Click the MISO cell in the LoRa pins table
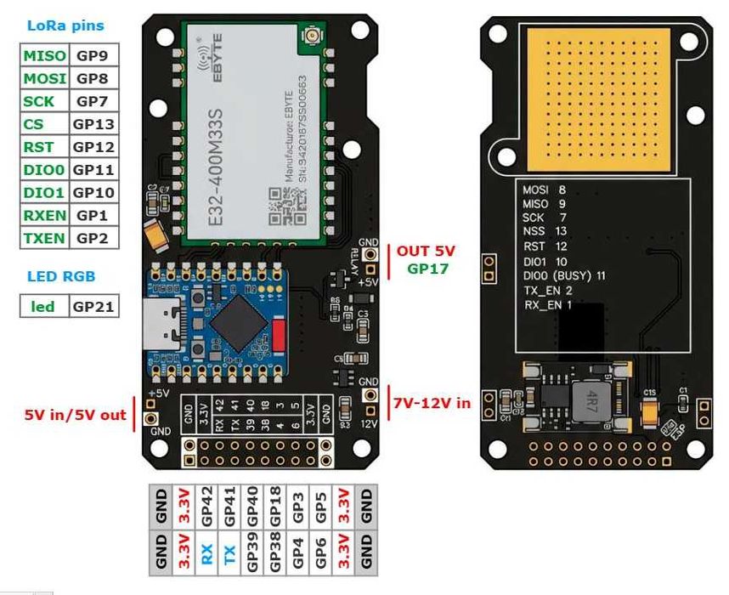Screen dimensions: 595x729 click(x=44, y=56)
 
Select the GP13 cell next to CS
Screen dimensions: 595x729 click(x=93, y=124)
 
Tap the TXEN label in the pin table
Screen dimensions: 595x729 click(x=44, y=238)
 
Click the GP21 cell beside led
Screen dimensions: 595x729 click(x=93, y=306)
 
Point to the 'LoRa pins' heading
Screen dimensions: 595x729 click(x=65, y=25)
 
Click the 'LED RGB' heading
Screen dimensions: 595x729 click(x=60, y=275)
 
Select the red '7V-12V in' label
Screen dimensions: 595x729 click(x=432, y=402)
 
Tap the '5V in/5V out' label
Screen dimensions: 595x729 click(x=75, y=415)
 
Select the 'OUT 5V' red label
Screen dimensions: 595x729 click(x=426, y=252)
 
